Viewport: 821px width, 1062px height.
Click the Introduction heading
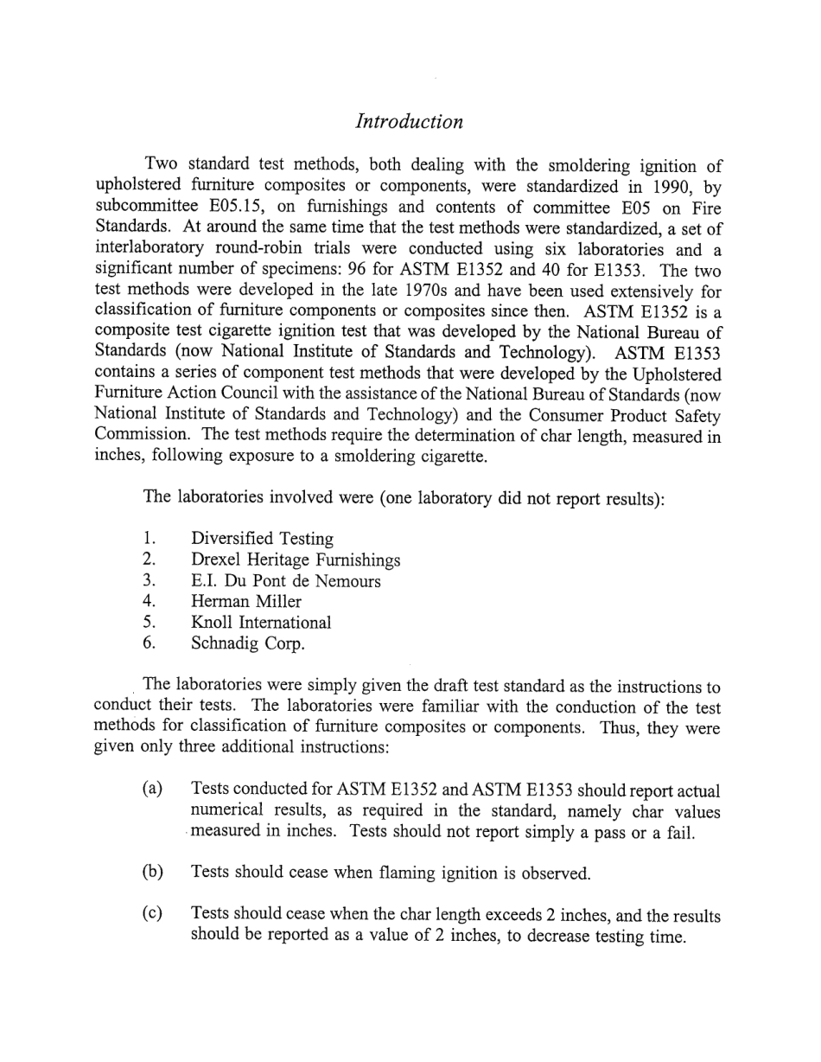click(x=409, y=122)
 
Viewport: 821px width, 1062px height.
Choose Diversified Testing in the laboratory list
click(x=262, y=539)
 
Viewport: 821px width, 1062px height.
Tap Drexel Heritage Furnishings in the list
click(x=295, y=560)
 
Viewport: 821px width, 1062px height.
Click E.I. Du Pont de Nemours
click(x=285, y=581)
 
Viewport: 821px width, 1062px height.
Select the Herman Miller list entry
click(x=245, y=602)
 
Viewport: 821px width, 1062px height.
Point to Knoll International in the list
click(x=260, y=623)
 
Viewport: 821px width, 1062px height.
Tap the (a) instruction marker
click(x=152, y=790)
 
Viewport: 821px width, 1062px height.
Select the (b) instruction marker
click(x=152, y=872)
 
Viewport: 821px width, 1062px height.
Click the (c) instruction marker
click(x=152, y=914)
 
